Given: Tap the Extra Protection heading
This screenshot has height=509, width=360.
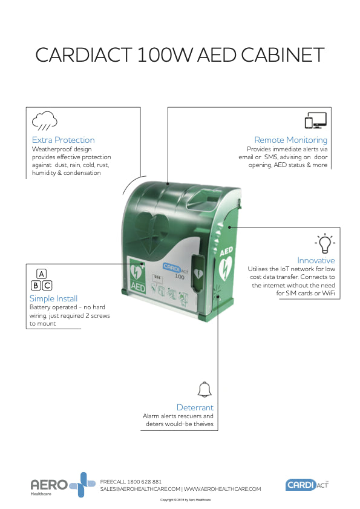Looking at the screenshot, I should point(63,140).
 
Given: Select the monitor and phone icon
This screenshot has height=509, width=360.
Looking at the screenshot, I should point(315,120).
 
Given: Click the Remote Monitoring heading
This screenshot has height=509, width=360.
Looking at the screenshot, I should point(290,140).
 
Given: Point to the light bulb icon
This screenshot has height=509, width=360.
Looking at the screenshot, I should point(324,243).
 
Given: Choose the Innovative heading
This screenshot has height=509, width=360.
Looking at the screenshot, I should point(316,260).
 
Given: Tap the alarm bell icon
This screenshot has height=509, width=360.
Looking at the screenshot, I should point(204,389).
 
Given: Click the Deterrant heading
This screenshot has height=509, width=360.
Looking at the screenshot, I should point(195,407).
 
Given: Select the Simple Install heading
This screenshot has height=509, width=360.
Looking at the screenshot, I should point(53,298).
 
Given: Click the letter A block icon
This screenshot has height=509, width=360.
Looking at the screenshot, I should point(41,274).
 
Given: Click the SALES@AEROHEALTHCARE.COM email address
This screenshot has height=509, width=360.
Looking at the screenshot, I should point(140,488).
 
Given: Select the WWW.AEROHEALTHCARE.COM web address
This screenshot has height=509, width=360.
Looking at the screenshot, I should point(222,488).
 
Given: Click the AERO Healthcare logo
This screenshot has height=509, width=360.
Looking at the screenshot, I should point(62,485).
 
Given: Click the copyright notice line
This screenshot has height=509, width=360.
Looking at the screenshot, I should point(185,500).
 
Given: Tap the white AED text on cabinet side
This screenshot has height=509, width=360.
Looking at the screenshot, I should point(226,251).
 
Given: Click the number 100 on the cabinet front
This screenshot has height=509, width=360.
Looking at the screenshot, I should point(179,276).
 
